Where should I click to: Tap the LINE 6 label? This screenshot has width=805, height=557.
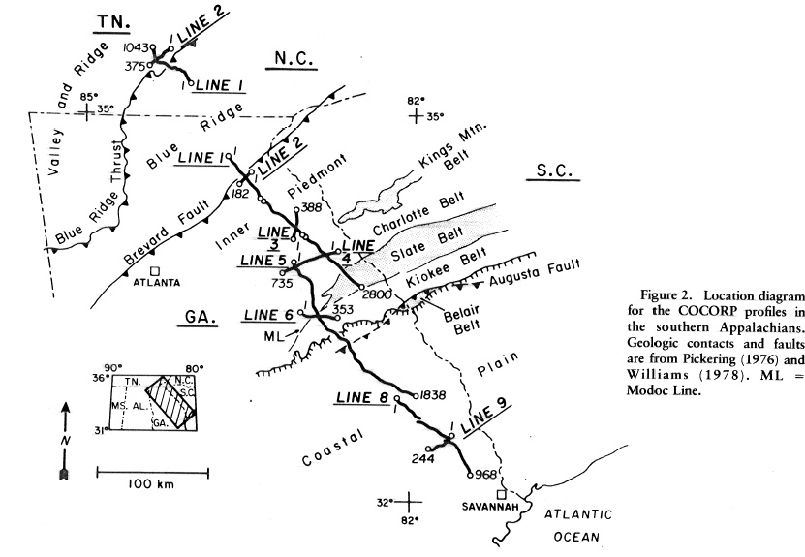coord(268,316)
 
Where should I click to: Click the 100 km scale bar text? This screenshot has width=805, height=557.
coord(152,483)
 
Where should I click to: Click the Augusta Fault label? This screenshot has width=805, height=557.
coord(523,279)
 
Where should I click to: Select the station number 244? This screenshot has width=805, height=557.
coord(422,458)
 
